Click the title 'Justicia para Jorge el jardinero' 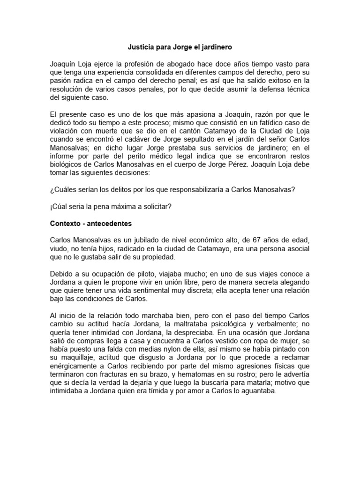[180, 47]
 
